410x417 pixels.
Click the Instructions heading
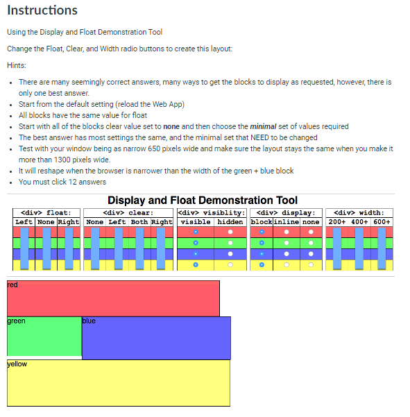pyautogui.click(x=42, y=10)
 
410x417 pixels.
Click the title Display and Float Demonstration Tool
pyautogui.click(x=202, y=201)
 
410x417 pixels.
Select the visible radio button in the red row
pyautogui.click(x=196, y=232)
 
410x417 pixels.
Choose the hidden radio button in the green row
pyautogui.click(x=230, y=243)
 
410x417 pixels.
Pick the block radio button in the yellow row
pyautogui.click(x=262, y=264)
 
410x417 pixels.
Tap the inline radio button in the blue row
pyautogui.click(x=286, y=254)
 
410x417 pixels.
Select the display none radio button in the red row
pyautogui.click(x=311, y=232)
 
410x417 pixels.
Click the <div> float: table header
pyautogui.click(x=46, y=212)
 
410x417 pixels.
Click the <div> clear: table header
pyautogui.click(x=128, y=212)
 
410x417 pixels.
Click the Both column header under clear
pyautogui.click(x=139, y=222)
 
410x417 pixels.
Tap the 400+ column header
pyautogui.click(x=359, y=222)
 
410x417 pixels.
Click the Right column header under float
pyautogui.click(x=69, y=222)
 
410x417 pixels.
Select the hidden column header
pyautogui.click(x=230, y=222)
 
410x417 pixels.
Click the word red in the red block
pyautogui.click(x=12, y=284)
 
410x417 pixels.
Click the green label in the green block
pyautogui.click(x=17, y=321)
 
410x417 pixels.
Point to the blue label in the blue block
pyautogui.click(x=89, y=321)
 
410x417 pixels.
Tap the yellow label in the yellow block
pyautogui.click(x=17, y=364)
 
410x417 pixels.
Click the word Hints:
pyautogui.click(x=17, y=65)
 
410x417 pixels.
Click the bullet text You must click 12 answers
pyautogui.click(x=62, y=182)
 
